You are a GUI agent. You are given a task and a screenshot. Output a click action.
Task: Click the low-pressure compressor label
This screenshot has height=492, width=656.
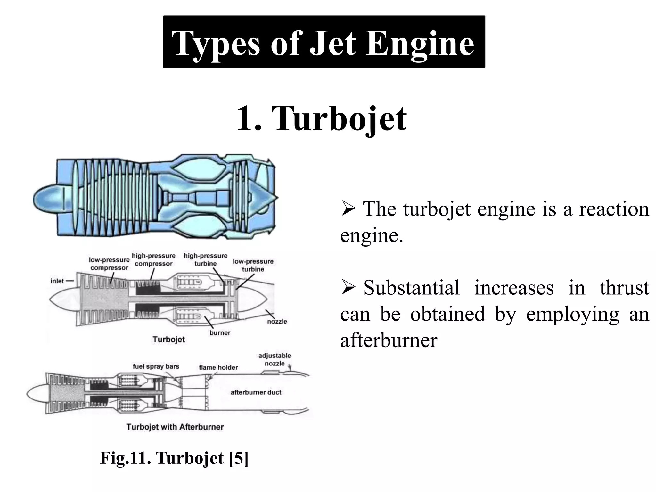click(x=109, y=264)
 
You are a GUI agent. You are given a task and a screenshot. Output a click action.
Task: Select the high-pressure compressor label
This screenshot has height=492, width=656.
click(x=154, y=260)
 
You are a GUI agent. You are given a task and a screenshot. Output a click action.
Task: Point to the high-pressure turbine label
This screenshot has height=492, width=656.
click(x=206, y=260)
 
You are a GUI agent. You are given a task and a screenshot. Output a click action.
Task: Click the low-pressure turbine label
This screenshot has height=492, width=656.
click(x=253, y=265)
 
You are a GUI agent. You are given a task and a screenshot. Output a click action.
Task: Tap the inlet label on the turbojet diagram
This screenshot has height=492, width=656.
click(x=57, y=281)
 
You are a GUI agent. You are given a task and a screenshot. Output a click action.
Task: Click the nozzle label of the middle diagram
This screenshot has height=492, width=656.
click(x=277, y=321)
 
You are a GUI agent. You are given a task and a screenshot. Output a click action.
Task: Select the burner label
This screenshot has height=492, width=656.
click(x=220, y=333)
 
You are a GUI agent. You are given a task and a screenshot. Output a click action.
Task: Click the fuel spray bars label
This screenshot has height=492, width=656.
click(x=156, y=366)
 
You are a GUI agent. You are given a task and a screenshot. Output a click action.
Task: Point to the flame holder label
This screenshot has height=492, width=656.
click(x=218, y=367)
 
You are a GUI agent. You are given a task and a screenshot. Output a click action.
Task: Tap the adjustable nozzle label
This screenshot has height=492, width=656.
click(x=275, y=359)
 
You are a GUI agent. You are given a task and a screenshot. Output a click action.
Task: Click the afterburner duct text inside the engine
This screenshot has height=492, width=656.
click(x=256, y=392)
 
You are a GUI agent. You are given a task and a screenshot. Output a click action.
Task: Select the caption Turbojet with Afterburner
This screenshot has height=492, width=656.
click(x=175, y=427)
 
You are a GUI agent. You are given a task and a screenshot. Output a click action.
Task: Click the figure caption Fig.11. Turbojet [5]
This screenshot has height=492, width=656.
click(x=174, y=458)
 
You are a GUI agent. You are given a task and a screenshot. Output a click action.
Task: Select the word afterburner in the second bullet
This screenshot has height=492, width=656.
click(x=389, y=340)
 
